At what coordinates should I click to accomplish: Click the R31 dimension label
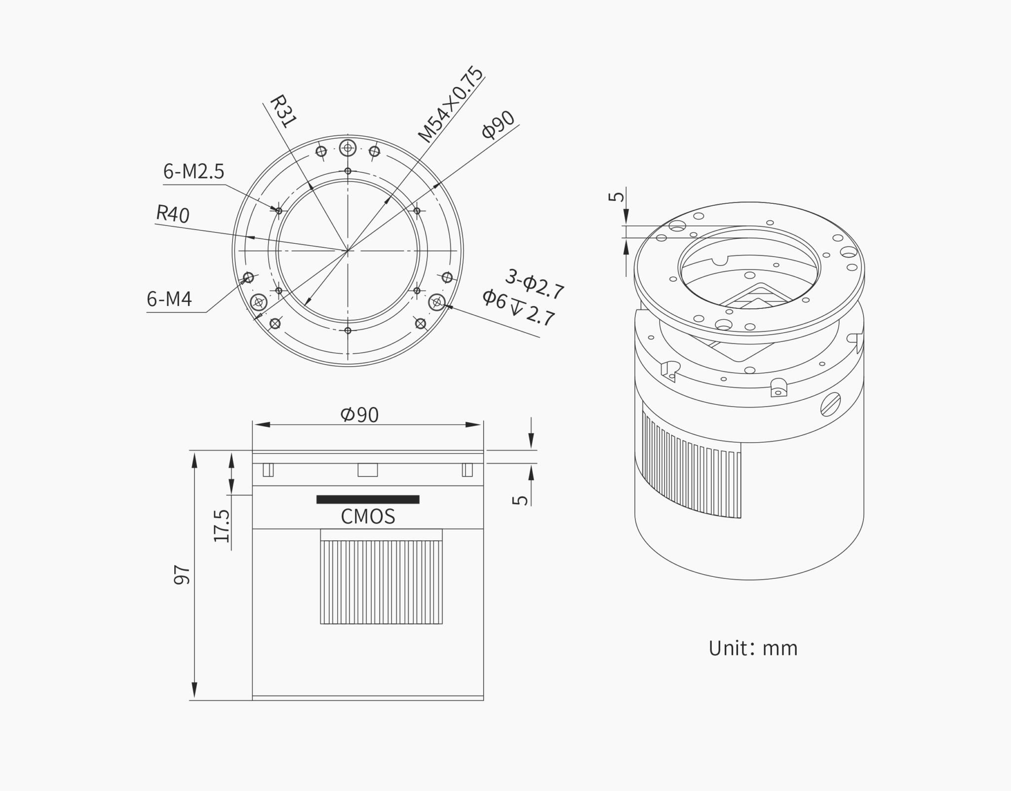coord(283,112)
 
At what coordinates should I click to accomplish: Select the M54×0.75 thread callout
coord(450,105)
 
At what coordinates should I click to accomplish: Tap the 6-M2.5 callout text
coord(194,172)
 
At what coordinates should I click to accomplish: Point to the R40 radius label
coord(172,214)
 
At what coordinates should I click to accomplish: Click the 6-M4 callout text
coord(169,299)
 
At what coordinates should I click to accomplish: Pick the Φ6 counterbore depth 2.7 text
coord(518,308)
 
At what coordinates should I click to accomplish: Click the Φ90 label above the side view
coord(359,415)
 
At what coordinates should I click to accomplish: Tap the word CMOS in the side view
coord(368,517)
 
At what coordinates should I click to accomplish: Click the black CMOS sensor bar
coord(368,499)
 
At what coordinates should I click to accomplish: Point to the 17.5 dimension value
coord(222,526)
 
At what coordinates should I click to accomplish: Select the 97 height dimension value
coord(182,575)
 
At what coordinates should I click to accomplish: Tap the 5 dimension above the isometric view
coord(616,196)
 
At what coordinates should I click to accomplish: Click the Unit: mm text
coord(753,648)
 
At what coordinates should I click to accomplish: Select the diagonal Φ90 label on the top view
coord(498,125)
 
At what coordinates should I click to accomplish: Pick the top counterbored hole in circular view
coord(348,148)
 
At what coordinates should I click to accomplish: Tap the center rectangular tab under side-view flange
coord(367,470)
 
